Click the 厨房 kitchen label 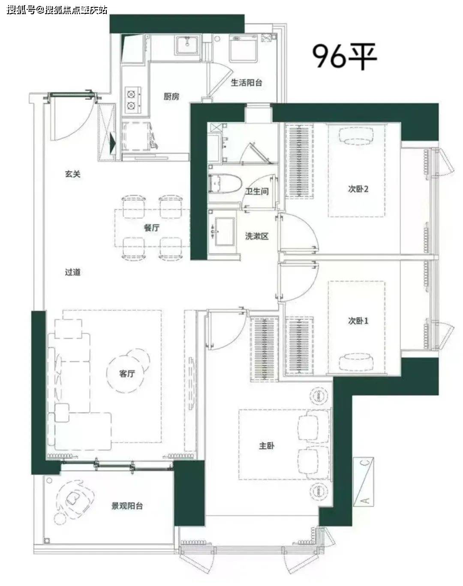(x=171, y=96)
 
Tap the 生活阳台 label (x=247, y=82)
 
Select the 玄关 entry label (x=73, y=174)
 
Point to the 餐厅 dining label (x=152, y=227)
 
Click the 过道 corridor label (x=73, y=272)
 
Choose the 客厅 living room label (x=127, y=374)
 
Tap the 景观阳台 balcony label (x=127, y=506)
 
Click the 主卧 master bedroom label (x=267, y=446)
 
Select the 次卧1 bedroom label (x=358, y=321)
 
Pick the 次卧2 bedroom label (x=358, y=189)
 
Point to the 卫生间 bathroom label (x=256, y=191)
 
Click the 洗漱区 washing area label (x=257, y=236)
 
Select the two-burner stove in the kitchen (x=133, y=100)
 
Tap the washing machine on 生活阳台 (x=244, y=49)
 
